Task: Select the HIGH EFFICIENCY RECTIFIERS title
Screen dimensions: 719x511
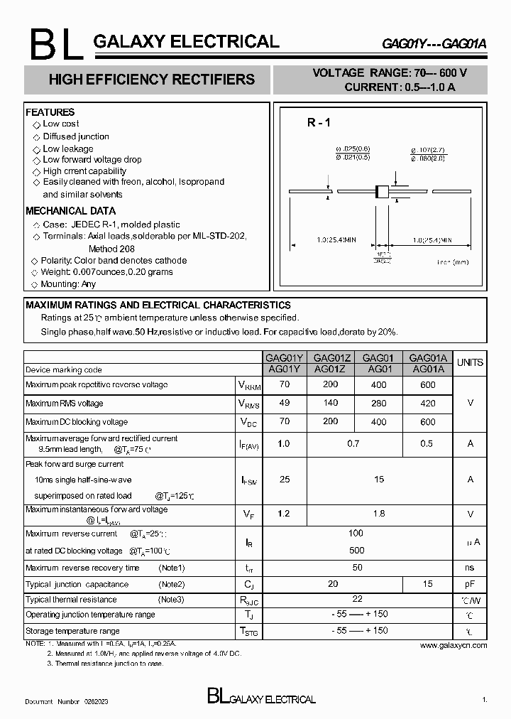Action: click(151, 80)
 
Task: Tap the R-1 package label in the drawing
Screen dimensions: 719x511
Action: click(319, 122)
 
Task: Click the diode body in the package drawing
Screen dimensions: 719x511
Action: click(382, 191)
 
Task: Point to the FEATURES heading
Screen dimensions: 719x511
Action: click(50, 112)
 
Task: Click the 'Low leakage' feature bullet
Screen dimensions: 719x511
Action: click(67, 148)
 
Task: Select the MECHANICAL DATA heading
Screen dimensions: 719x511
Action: click(70, 211)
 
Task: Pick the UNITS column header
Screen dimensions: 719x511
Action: click(470, 362)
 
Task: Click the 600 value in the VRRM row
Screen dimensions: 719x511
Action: click(427, 384)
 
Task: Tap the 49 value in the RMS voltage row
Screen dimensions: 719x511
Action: click(284, 403)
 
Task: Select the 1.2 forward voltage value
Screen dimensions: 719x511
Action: click(284, 513)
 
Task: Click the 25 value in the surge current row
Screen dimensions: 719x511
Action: click(284, 480)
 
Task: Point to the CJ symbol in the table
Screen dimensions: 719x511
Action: click(249, 584)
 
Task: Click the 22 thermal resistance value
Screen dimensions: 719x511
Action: click(357, 600)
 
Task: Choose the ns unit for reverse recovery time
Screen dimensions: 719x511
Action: click(470, 568)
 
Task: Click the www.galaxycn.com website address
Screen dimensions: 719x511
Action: click(453, 645)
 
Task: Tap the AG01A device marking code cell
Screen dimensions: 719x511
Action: click(427, 369)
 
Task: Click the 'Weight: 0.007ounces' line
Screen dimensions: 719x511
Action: click(106, 272)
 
